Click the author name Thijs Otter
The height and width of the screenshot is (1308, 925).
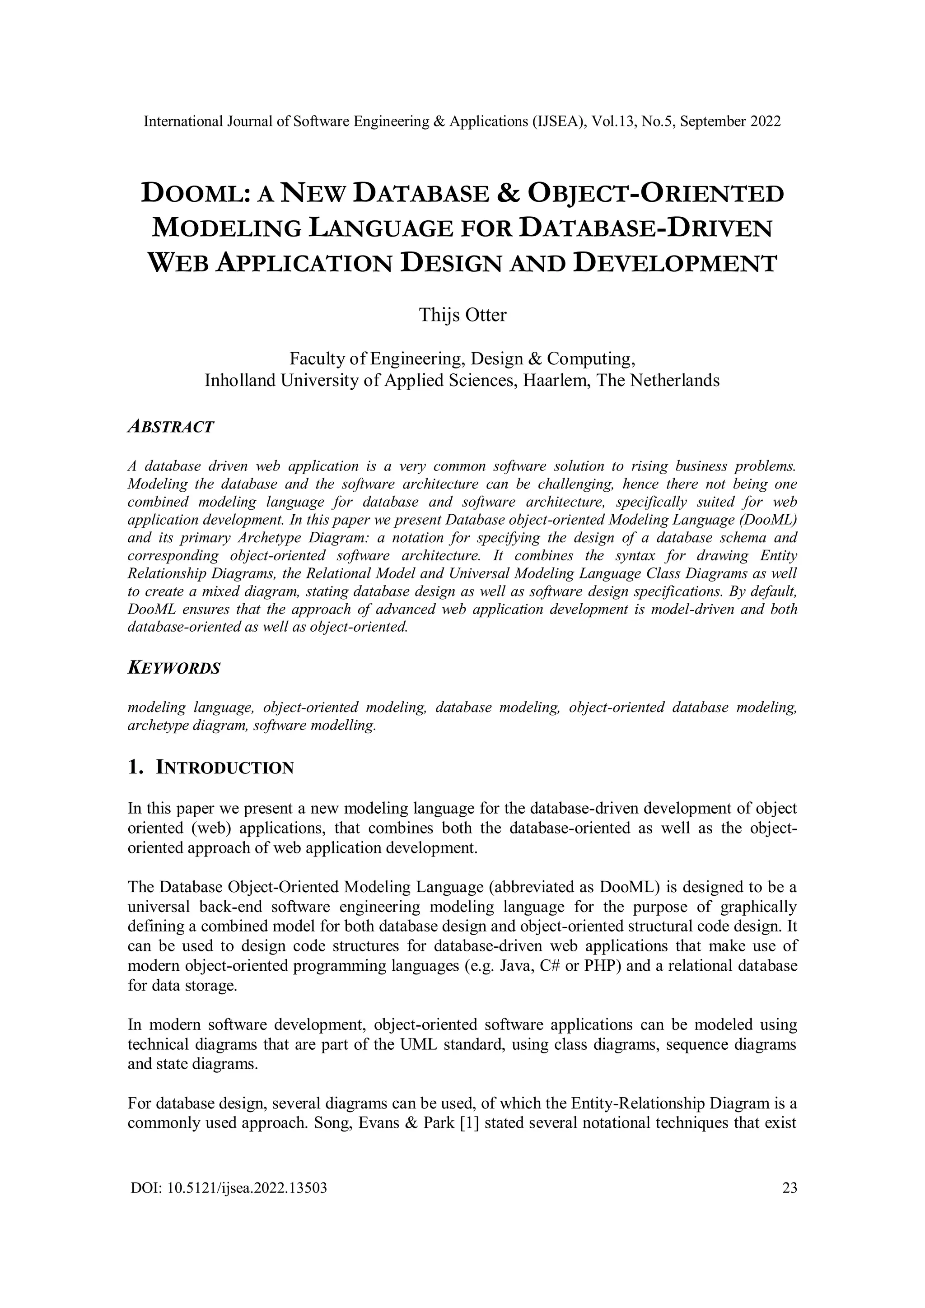[462, 315]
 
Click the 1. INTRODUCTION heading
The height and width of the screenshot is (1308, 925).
[211, 768]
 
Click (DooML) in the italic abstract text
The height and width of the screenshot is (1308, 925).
[766, 520]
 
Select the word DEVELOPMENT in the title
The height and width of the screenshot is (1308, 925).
[674, 263]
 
